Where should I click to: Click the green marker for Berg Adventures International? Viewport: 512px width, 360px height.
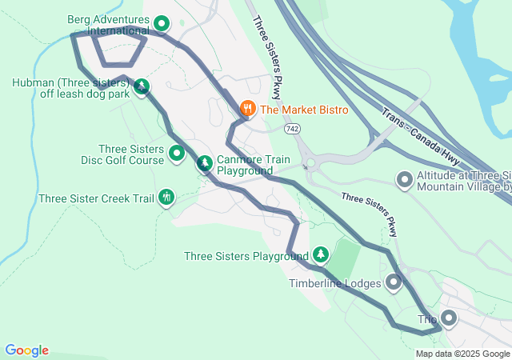(162, 24)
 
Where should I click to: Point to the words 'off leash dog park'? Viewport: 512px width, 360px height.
(85, 93)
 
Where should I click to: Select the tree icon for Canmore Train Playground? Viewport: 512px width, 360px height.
(205, 164)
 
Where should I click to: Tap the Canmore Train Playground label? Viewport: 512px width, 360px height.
(254, 166)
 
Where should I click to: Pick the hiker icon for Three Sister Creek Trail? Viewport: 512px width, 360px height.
(166, 197)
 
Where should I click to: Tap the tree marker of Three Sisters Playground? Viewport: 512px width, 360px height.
(321, 255)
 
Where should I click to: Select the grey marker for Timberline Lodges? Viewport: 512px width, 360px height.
(394, 282)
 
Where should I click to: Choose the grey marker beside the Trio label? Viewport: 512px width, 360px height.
(448, 319)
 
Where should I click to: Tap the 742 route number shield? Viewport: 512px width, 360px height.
(291, 128)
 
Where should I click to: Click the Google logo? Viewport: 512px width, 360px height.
(26, 350)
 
